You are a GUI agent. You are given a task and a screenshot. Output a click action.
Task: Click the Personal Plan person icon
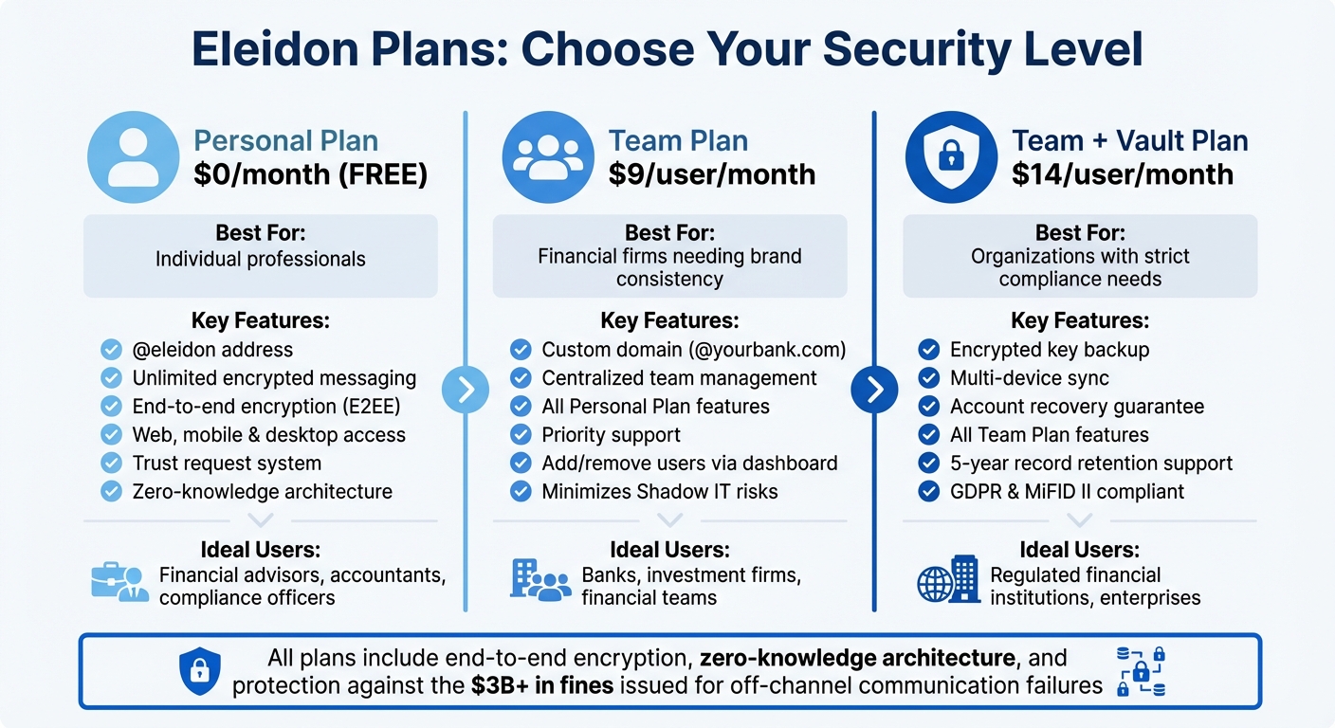tap(134, 157)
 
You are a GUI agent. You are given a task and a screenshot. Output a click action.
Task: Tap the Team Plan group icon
tap(547, 157)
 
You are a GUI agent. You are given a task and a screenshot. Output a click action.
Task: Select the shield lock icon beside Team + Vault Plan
tap(951, 157)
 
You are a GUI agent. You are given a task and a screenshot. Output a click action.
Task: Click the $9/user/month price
tap(711, 174)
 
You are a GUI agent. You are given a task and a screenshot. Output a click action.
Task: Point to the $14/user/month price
tap(1123, 174)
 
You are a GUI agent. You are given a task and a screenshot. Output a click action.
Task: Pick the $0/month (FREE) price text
tap(310, 174)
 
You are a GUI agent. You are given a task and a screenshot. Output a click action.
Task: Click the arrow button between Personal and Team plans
tap(466, 390)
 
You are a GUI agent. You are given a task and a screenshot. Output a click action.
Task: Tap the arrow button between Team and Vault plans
tap(874, 390)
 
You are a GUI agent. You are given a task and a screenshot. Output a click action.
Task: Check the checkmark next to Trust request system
tap(112, 464)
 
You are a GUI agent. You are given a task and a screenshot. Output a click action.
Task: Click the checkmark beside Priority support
tap(521, 435)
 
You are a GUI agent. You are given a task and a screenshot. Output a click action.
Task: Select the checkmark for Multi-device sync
tap(929, 378)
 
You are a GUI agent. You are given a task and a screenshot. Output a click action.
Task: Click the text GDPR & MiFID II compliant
tap(1067, 492)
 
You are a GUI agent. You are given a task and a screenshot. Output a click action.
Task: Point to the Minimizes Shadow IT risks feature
tap(659, 492)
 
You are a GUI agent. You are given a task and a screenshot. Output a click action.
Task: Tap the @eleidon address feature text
tap(212, 350)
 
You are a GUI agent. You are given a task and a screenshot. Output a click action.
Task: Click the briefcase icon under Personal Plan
tap(119, 580)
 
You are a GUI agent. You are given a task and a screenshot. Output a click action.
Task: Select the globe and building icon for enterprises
tap(947, 579)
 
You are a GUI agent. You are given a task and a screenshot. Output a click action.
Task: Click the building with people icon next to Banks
tap(539, 579)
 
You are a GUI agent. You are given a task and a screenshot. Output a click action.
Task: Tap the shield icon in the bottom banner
tap(199, 671)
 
